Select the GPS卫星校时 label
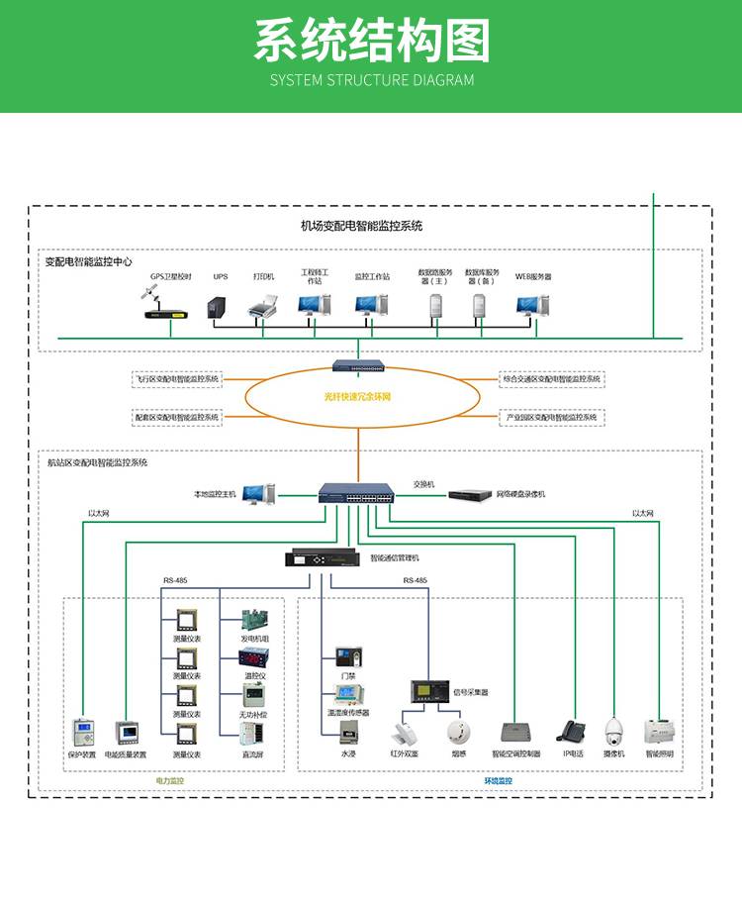tap(171, 277)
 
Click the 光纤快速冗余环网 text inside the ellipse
tap(358, 397)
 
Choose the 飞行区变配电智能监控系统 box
tap(178, 378)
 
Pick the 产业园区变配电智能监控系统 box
tap(551, 417)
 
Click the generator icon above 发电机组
tap(255, 622)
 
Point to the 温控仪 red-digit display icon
tap(255, 657)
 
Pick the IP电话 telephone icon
tap(572, 731)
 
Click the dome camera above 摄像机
tap(615, 731)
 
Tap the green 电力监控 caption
tap(170, 781)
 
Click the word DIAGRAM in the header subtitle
tap(442, 80)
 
